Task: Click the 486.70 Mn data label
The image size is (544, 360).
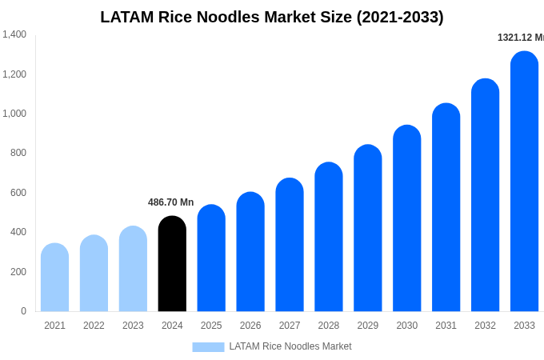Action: tap(170, 202)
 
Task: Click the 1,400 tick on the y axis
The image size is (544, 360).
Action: tap(14, 34)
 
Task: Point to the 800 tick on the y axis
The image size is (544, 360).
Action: tap(18, 153)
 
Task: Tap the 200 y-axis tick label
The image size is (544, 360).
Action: tap(18, 272)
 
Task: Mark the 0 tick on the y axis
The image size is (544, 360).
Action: tap(23, 311)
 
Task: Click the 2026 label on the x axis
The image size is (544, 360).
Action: tap(250, 326)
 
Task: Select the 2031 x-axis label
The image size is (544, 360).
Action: tap(446, 326)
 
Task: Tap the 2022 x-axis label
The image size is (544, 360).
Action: tap(94, 326)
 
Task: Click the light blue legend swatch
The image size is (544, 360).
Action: tap(208, 346)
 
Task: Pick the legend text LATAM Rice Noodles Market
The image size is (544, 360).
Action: tap(290, 346)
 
